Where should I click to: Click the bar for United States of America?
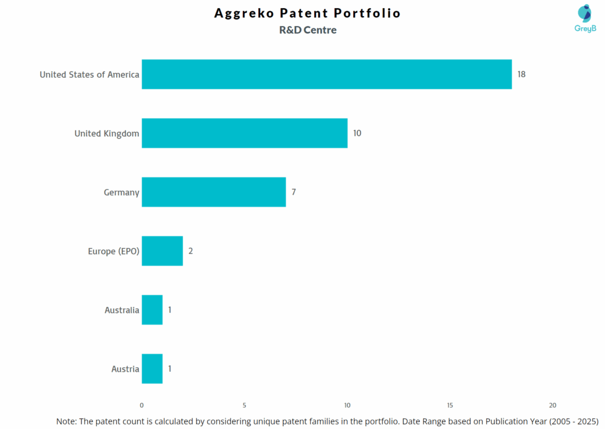(326, 74)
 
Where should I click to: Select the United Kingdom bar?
(244, 133)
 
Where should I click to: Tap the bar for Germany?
(213, 192)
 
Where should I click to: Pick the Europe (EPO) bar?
(162, 251)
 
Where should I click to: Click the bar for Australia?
(152, 310)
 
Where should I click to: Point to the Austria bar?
(152, 369)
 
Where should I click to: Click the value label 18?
(521, 74)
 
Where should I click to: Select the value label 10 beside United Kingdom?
(357, 133)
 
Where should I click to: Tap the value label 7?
(294, 192)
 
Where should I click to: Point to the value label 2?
(191, 251)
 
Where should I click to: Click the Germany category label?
(122, 192)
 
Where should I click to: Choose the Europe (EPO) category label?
(113, 251)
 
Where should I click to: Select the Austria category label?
(125, 369)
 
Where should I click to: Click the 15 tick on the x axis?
(450, 405)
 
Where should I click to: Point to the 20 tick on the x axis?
(552, 405)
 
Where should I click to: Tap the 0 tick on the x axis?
(142, 405)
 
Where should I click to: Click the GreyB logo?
(584, 18)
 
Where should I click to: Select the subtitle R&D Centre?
(308, 30)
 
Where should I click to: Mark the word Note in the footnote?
(66, 421)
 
